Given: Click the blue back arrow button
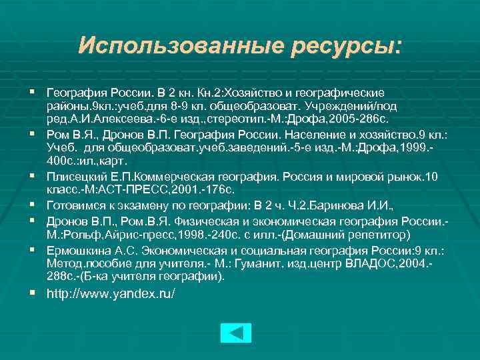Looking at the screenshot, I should click(x=235, y=333).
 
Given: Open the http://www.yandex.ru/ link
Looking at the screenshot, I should click(x=111, y=293).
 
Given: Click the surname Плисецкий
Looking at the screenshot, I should click(x=72, y=177).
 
